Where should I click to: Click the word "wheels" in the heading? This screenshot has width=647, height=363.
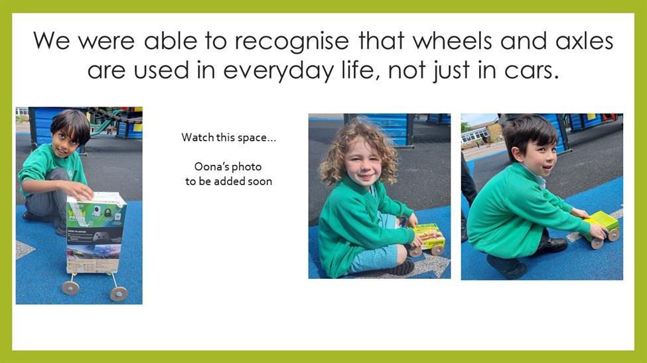pyautogui.click(x=453, y=41)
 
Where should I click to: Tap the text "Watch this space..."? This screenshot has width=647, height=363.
pyautogui.click(x=228, y=137)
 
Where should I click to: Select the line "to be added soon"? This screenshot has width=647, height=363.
pyautogui.click(x=228, y=181)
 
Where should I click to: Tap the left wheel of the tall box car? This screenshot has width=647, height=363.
pyautogui.click(x=70, y=287)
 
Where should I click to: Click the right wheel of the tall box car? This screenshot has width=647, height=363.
pyautogui.click(x=119, y=294)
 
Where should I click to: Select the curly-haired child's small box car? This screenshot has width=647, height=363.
pyautogui.click(x=428, y=239)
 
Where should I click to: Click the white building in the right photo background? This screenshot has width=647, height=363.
pyautogui.click(x=475, y=135)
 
